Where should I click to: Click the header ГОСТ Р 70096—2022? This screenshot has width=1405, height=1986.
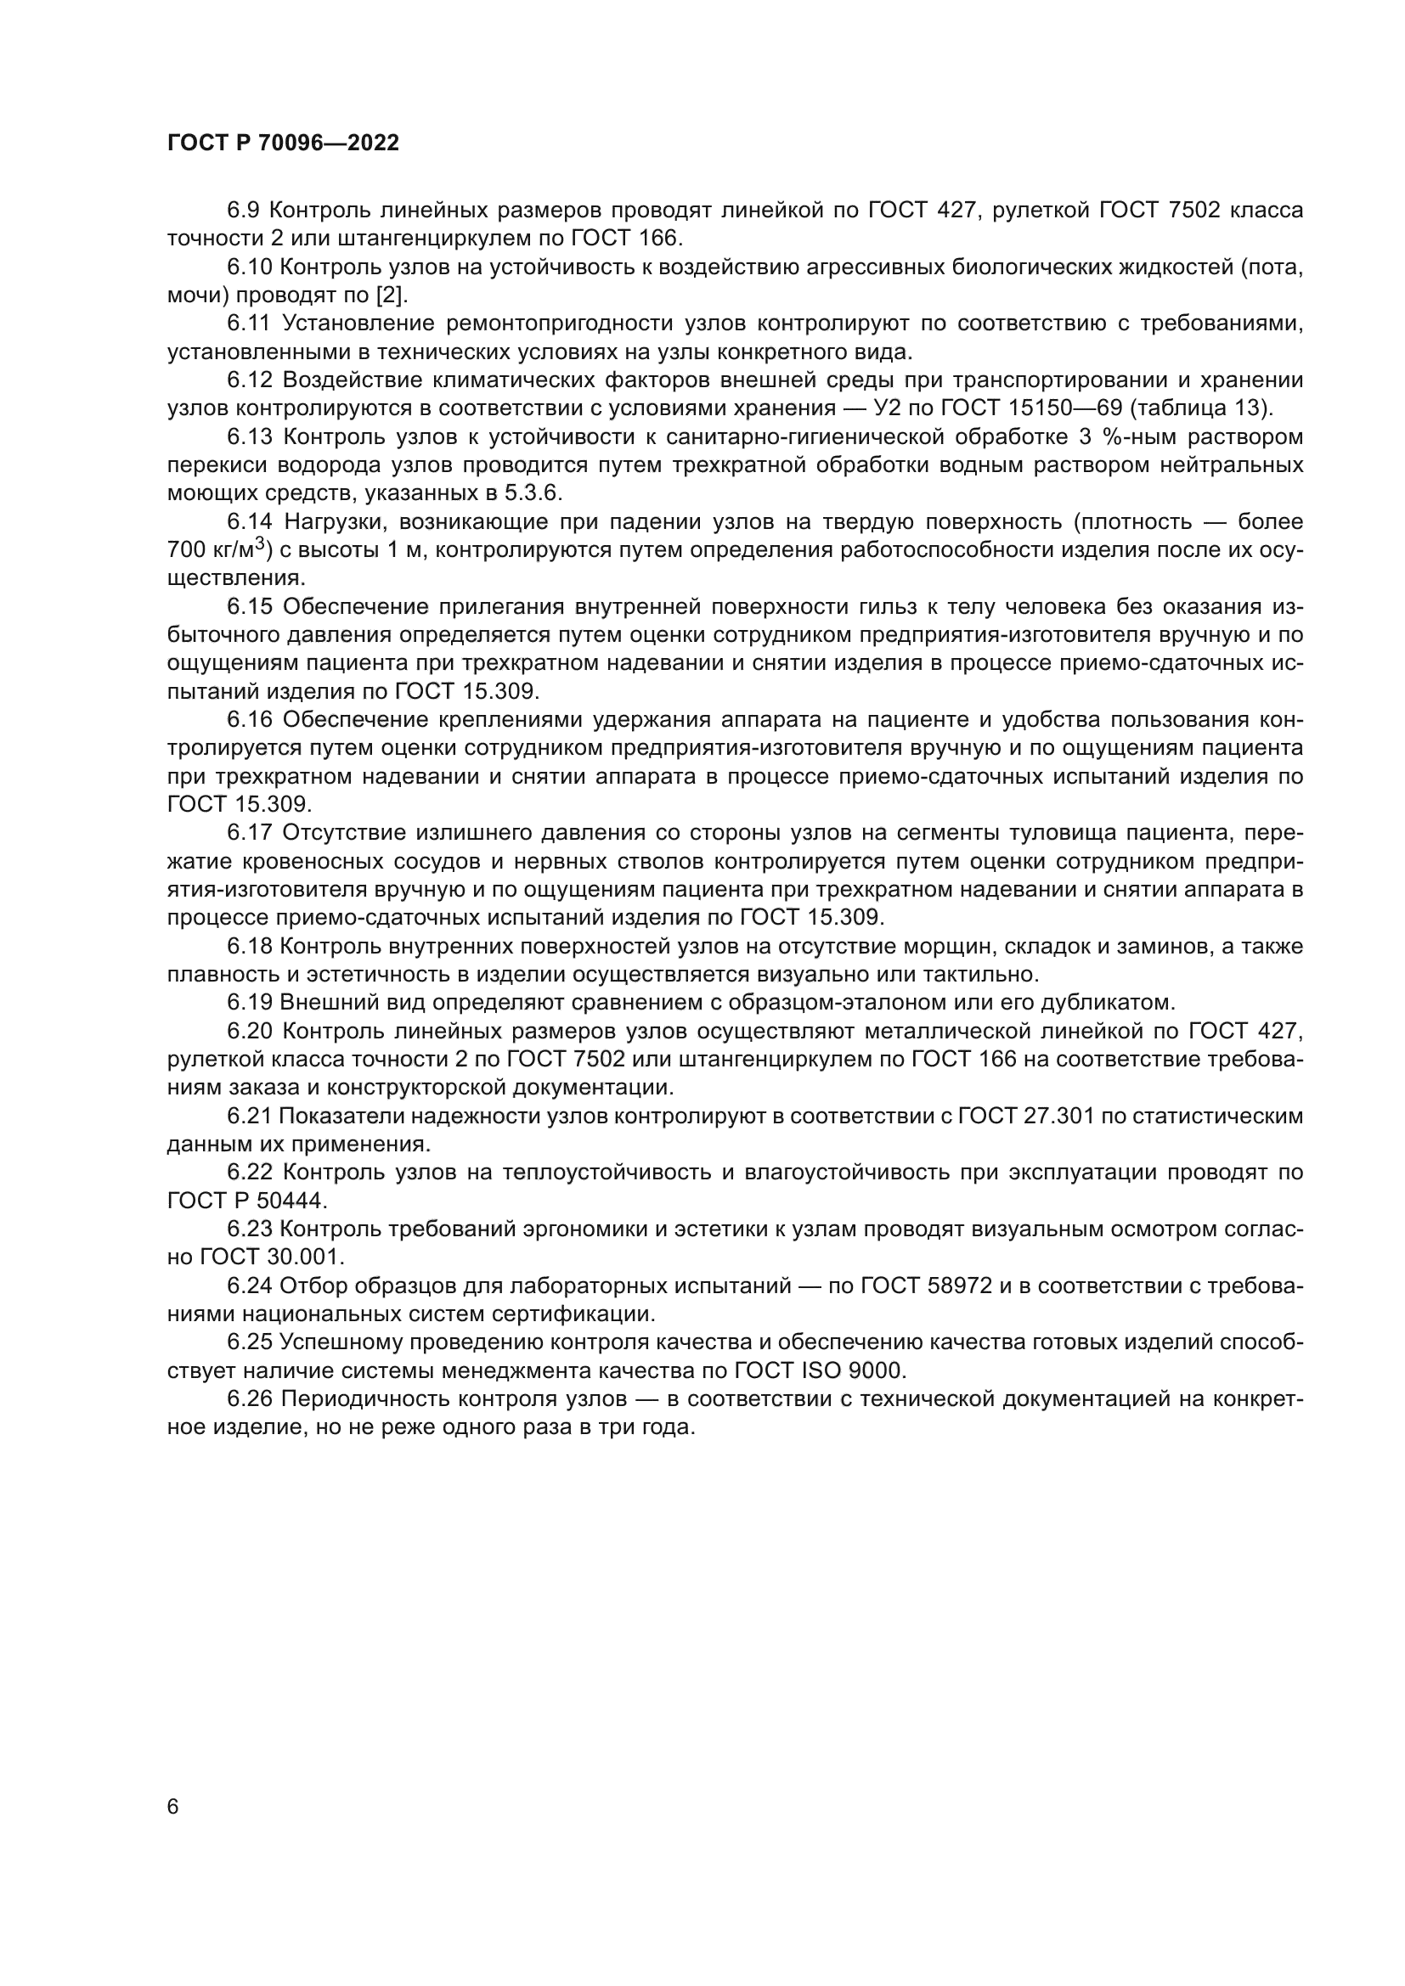click(283, 143)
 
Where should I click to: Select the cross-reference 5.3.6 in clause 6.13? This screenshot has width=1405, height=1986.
click(533, 493)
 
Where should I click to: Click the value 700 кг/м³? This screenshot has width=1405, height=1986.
click(220, 549)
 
